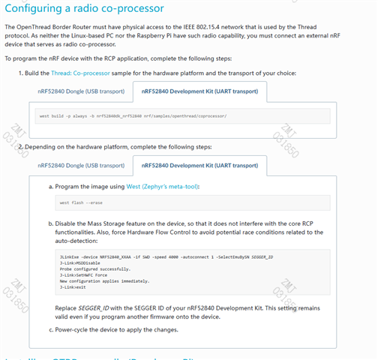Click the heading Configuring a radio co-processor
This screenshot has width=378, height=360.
(85, 8)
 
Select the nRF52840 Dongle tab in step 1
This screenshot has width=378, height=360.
(81, 91)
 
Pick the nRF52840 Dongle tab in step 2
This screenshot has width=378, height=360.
(81, 165)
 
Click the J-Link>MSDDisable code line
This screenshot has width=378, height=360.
(76, 263)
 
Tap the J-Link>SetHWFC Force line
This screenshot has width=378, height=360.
(81, 275)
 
